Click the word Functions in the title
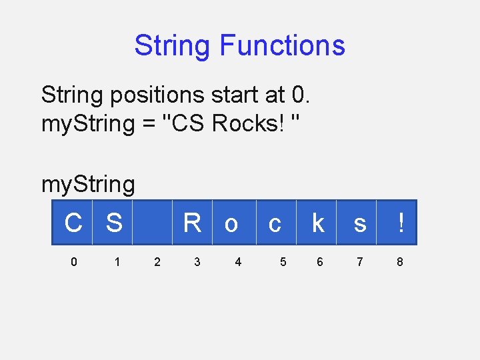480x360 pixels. point(282,45)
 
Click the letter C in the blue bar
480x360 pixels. point(73,223)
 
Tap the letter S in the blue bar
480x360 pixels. point(114,223)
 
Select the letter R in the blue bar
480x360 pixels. point(192,223)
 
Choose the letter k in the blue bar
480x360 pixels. point(319,223)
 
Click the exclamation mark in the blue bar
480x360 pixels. point(400,223)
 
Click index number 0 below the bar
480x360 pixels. point(73,262)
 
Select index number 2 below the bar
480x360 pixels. point(157,262)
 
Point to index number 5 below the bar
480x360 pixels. point(283,262)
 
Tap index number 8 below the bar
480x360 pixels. point(399,262)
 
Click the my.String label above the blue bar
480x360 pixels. point(88,184)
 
